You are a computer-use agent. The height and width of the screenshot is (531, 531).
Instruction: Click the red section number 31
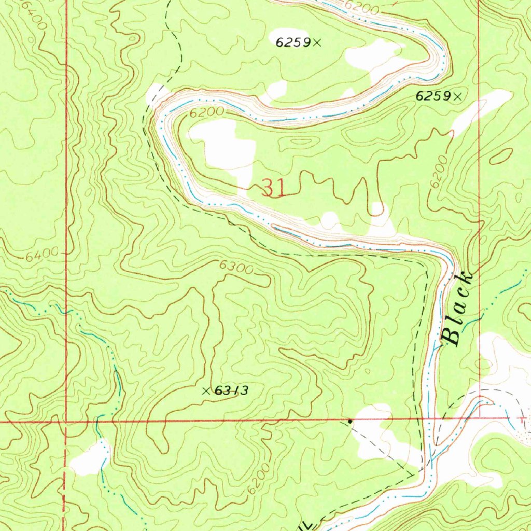point(273,188)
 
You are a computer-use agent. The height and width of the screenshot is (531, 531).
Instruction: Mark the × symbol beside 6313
point(206,391)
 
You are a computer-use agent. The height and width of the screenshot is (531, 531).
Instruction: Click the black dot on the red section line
point(350,421)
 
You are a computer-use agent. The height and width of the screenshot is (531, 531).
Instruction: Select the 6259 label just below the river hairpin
point(433,96)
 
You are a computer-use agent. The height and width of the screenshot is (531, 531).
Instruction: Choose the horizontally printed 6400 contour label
point(38,256)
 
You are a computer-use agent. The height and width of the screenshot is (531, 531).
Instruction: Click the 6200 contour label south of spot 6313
point(259,478)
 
